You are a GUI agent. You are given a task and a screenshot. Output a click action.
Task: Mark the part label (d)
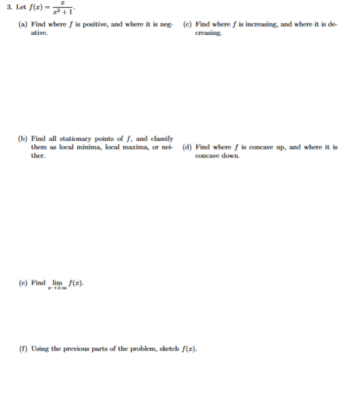187,147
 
